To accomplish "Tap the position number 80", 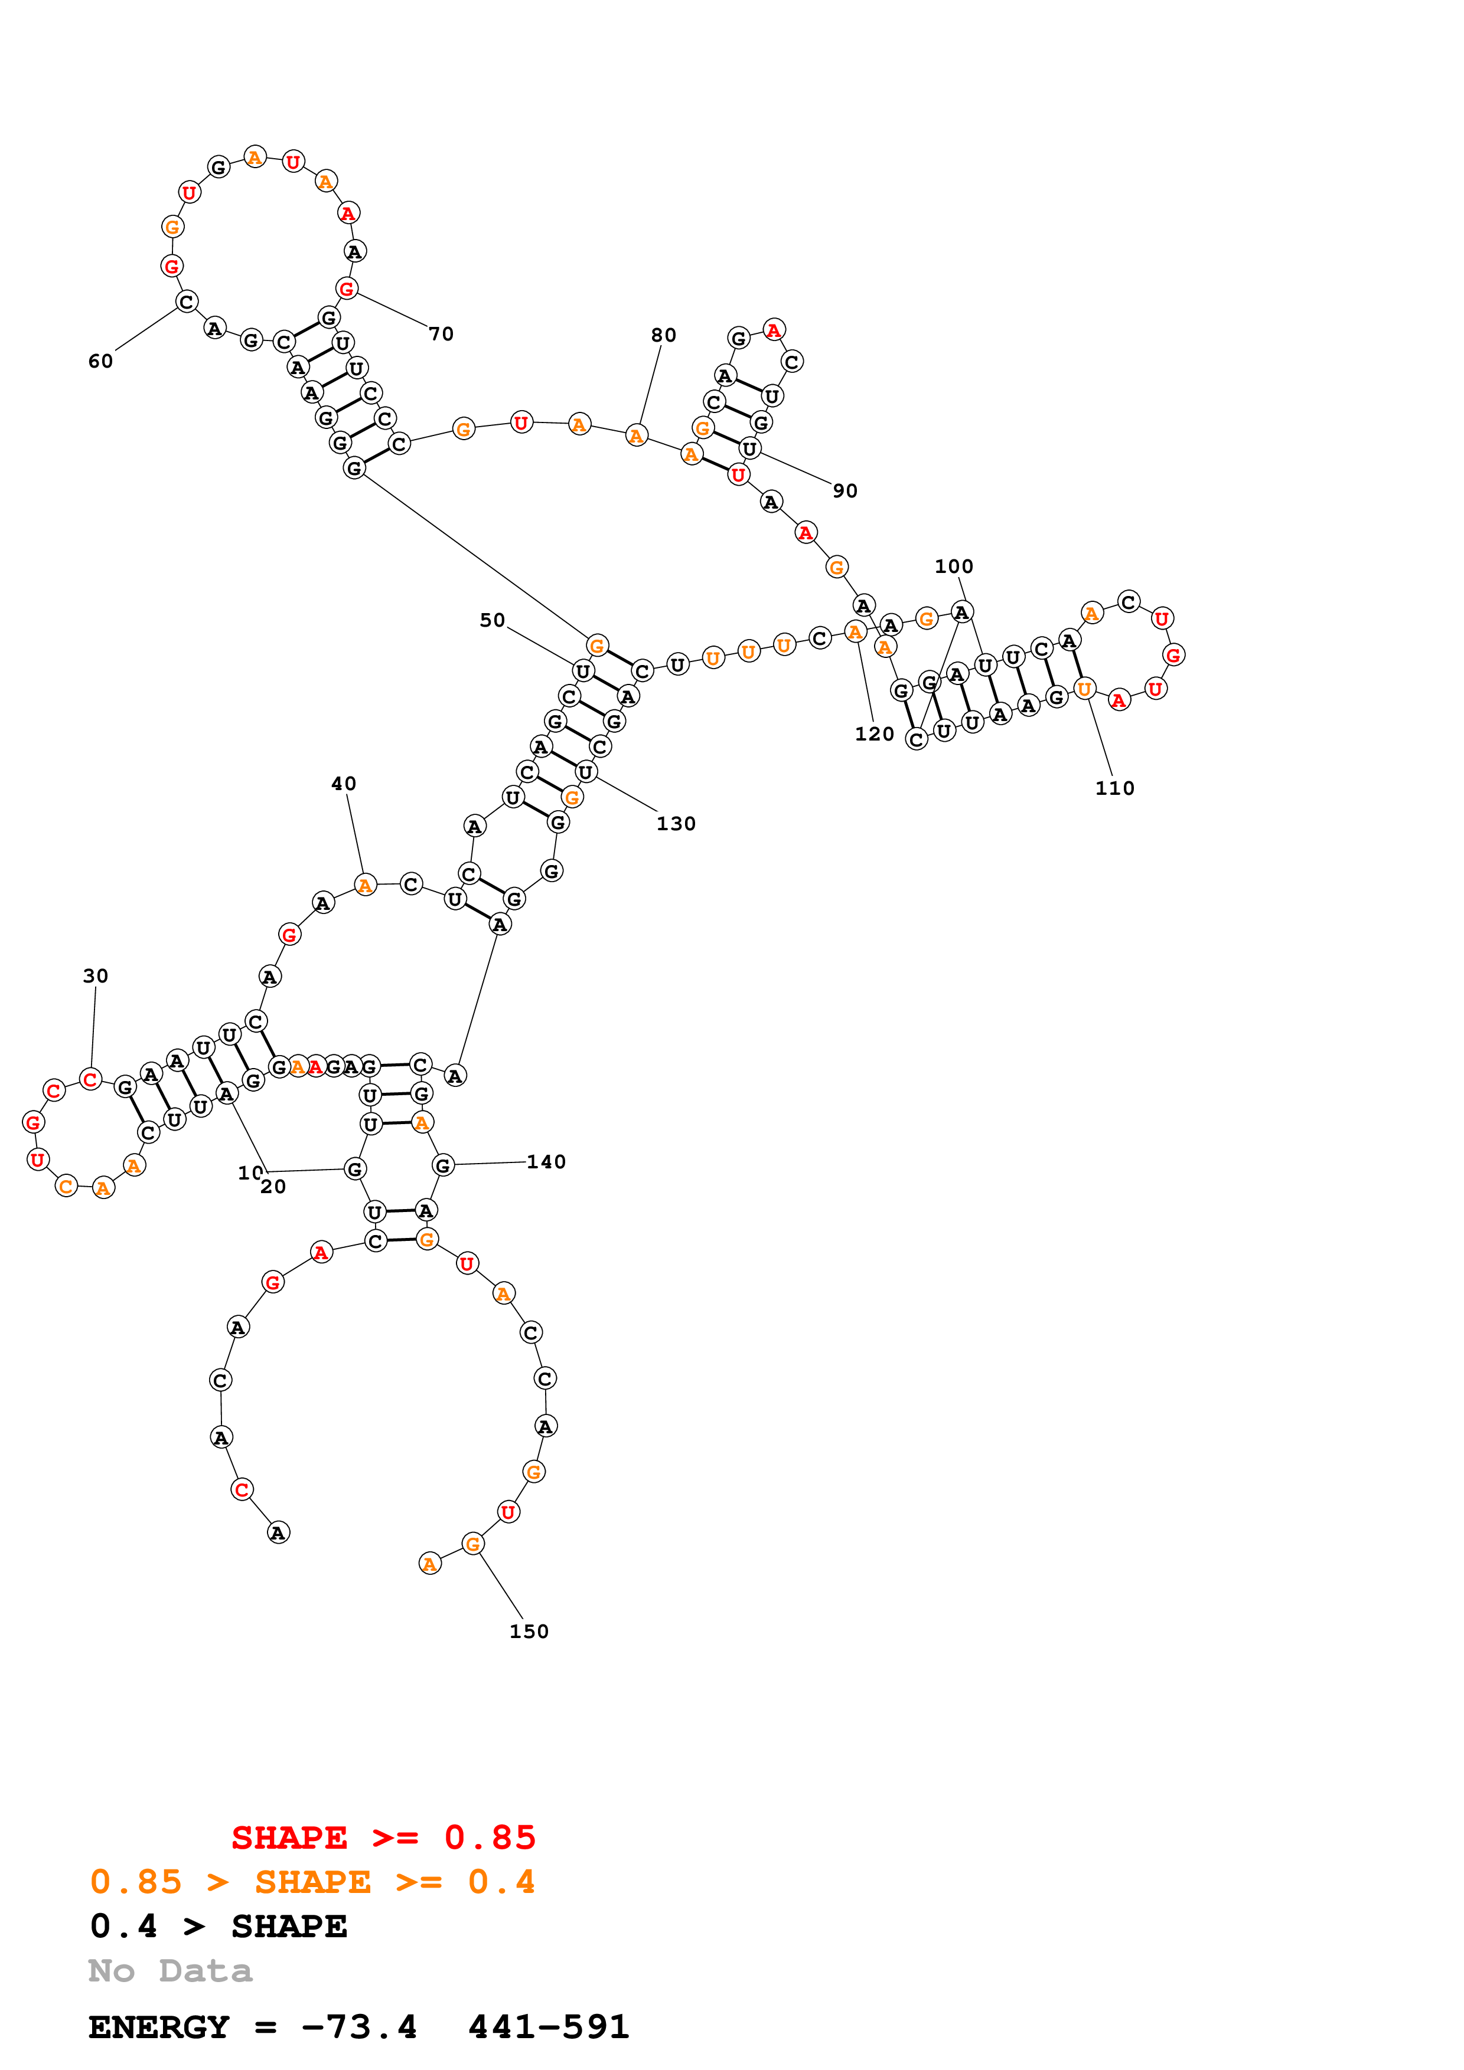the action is coord(664,335).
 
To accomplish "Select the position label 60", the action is coord(101,362).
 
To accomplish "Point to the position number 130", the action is coord(676,824).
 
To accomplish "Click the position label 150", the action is coord(529,1632).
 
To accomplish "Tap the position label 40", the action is coord(344,784).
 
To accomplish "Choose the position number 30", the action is coord(96,977).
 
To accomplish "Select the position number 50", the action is coord(493,620).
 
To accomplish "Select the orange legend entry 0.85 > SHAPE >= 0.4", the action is coord(312,1882).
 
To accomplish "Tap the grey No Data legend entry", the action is coord(171,1971).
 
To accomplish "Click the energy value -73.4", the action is coord(359,2028).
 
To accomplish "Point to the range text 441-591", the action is coord(549,2028).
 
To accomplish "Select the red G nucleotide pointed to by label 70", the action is coord(347,289).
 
